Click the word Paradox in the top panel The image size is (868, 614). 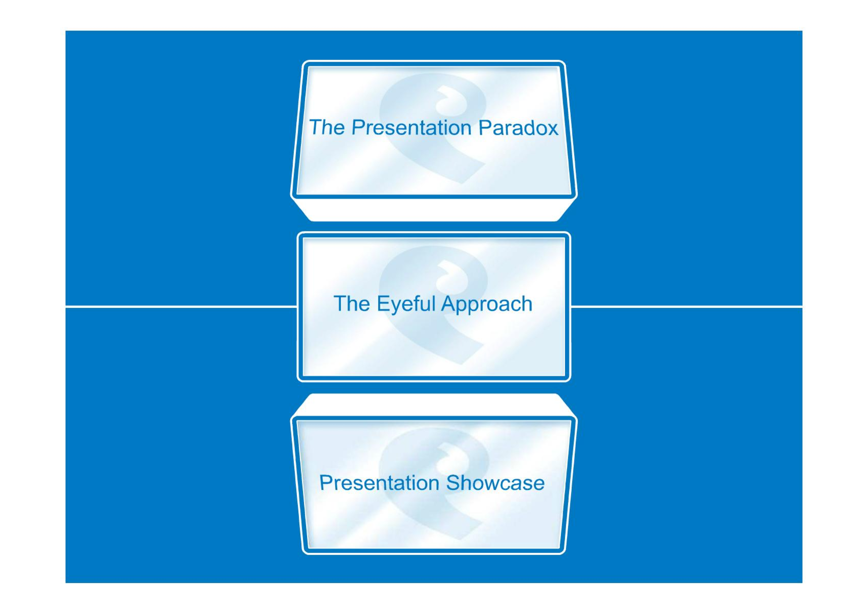pyautogui.click(x=518, y=127)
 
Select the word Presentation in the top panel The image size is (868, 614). pyautogui.click(x=411, y=127)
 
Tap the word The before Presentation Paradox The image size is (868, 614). pyautogui.click(x=327, y=127)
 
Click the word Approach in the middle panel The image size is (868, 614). pyautogui.click(x=487, y=304)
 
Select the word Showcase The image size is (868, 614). pyautogui.click(x=495, y=483)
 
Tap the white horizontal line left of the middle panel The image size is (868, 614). pyautogui.click(x=181, y=307)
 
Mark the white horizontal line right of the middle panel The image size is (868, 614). pyautogui.click(x=686, y=307)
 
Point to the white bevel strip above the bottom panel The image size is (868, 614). pyautogui.click(x=434, y=404)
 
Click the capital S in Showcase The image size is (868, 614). pyautogui.click(x=454, y=483)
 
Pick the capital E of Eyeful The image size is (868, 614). pyautogui.click(x=384, y=304)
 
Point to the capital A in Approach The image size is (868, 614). pyautogui.click(x=450, y=304)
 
